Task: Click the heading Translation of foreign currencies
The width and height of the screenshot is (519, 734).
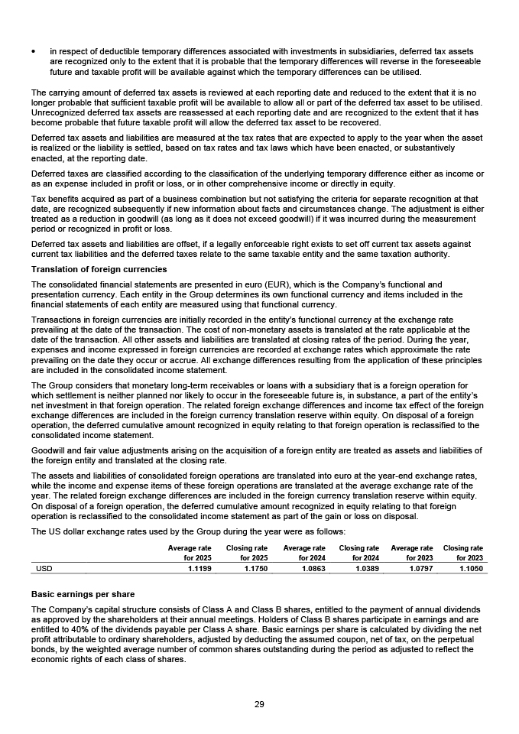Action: coord(99,269)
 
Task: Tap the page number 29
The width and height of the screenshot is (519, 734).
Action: coord(259,704)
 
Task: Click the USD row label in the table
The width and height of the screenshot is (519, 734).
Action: coord(44,568)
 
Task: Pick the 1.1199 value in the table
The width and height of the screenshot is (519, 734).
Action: coord(199,568)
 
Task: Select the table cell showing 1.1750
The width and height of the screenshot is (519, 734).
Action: coord(255,568)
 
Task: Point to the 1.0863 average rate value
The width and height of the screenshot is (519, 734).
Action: coord(313,568)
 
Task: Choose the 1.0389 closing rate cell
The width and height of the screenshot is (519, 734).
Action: coord(367,568)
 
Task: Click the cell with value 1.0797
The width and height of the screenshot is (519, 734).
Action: coord(420,568)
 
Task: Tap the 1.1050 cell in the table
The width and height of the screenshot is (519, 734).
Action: coord(470,568)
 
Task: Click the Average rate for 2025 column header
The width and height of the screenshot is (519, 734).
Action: coord(190,553)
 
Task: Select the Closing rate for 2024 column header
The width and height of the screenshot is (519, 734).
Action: coord(359,553)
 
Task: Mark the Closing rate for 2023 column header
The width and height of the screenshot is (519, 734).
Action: coord(463,553)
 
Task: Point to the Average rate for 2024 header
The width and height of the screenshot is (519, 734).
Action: coord(304,553)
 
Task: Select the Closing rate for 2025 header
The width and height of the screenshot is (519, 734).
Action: coord(247,553)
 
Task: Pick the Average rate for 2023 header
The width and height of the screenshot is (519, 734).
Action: coord(412,553)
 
